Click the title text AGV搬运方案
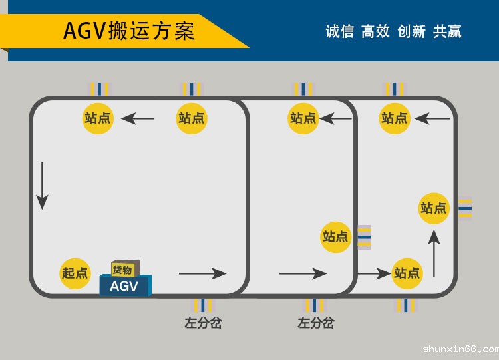[128, 31]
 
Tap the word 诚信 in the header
[339, 31]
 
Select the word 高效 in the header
[375, 31]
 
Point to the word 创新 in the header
[411, 31]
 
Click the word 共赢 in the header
[447, 31]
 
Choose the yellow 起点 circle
[75, 273]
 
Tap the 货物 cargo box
[125, 269]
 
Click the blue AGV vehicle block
[125, 286]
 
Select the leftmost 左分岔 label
[203, 323]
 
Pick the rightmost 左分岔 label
[315, 323]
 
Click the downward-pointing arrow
[42, 186]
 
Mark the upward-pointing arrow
[434, 254]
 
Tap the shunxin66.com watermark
[460, 349]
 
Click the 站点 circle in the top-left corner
[98, 118]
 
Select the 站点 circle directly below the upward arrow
[407, 273]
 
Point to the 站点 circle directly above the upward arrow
[434, 208]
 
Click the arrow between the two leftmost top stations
[138, 119]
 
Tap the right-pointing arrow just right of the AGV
[202, 273]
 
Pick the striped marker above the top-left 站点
[99, 89]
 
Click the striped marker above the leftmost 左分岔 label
[203, 305]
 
